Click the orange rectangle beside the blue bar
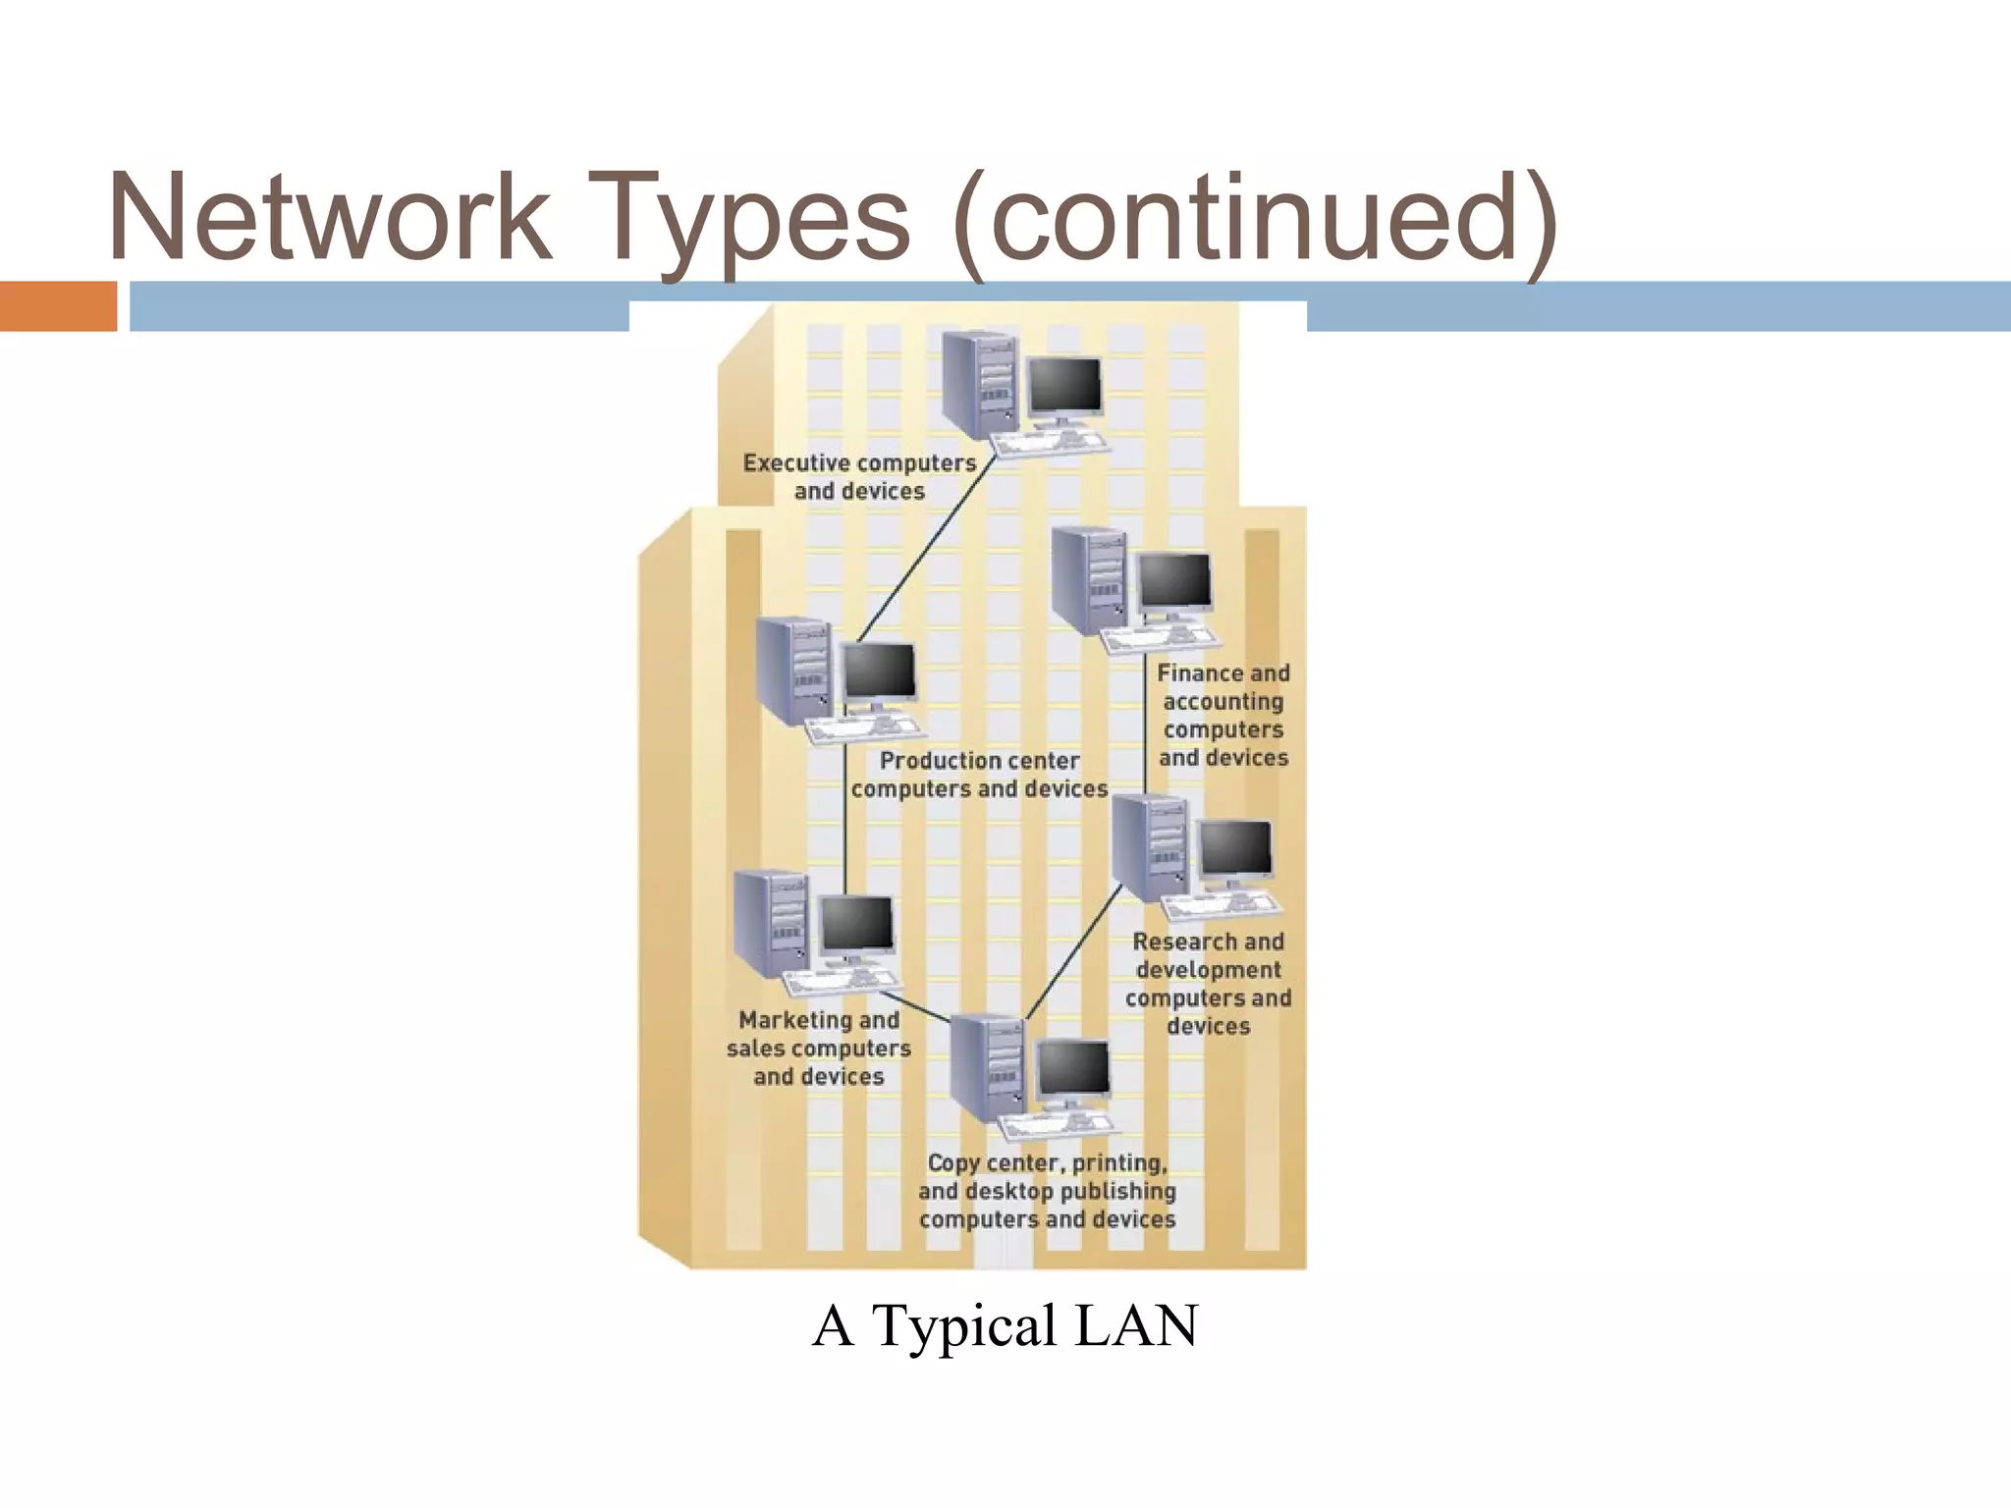coord(58,305)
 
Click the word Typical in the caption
coord(964,1325)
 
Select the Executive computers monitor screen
coord(1063,385)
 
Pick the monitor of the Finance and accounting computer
coord(1174,580)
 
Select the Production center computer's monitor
coord(879,672)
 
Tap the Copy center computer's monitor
coord(1073,1069)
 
